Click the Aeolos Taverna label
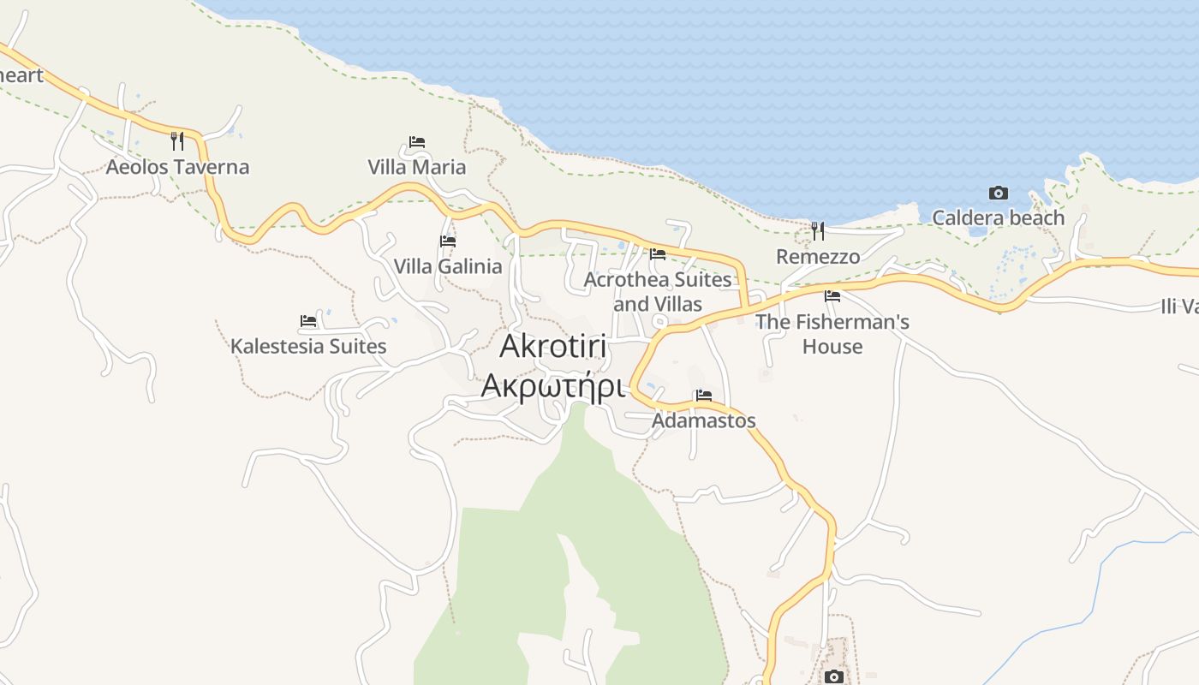(x=177, y=167)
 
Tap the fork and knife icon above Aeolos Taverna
(x=177, y=140)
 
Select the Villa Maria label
(x=417, y=167)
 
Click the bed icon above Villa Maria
(x=417, y=141)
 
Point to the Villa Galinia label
(x=448, y=266)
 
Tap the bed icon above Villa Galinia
(x=448, y=241)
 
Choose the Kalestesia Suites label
(x=308, y=347)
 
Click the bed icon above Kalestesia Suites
(x=308, y=321)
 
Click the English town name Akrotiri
(x=553, y=346)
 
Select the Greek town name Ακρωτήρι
(x=552, y=386)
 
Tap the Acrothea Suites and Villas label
(x=658, y=291)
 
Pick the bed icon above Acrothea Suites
(x=658, y=253)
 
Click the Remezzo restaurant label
(x=818, y=257)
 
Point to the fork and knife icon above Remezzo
(x=818, y=230)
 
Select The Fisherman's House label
(x=832, y=334)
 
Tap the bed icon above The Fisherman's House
(x=832, y=296)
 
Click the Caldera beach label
(x=998, y=217)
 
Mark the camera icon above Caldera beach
(x=998, y=193)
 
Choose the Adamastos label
(x=704, y=420)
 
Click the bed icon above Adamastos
(x=704, y=395)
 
